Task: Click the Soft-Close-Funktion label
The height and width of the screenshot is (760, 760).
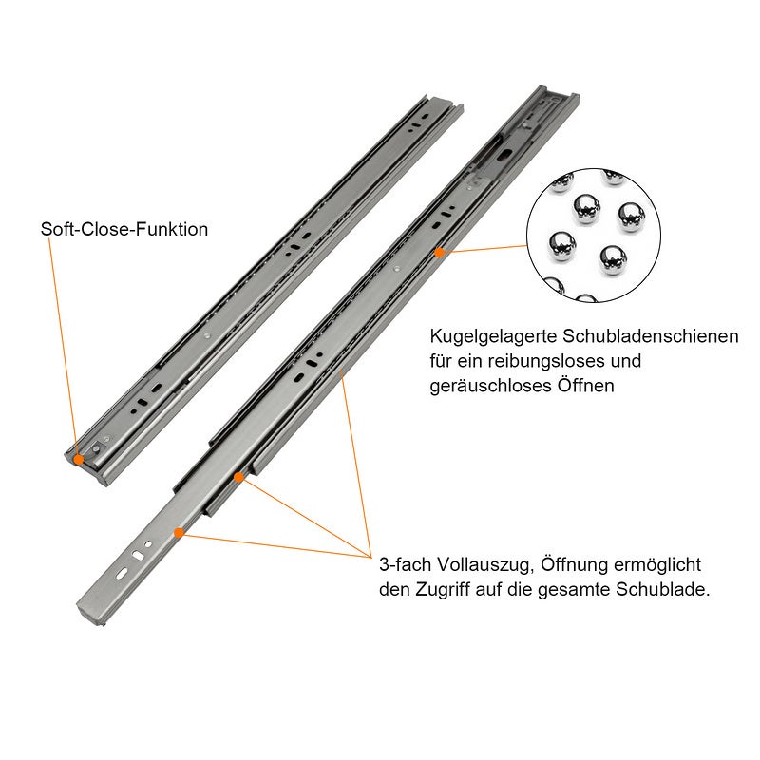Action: coord(124,230)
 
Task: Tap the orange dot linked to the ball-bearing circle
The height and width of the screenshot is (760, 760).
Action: coord(440,253)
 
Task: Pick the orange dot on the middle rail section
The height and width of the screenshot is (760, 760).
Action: coord(239,477)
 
